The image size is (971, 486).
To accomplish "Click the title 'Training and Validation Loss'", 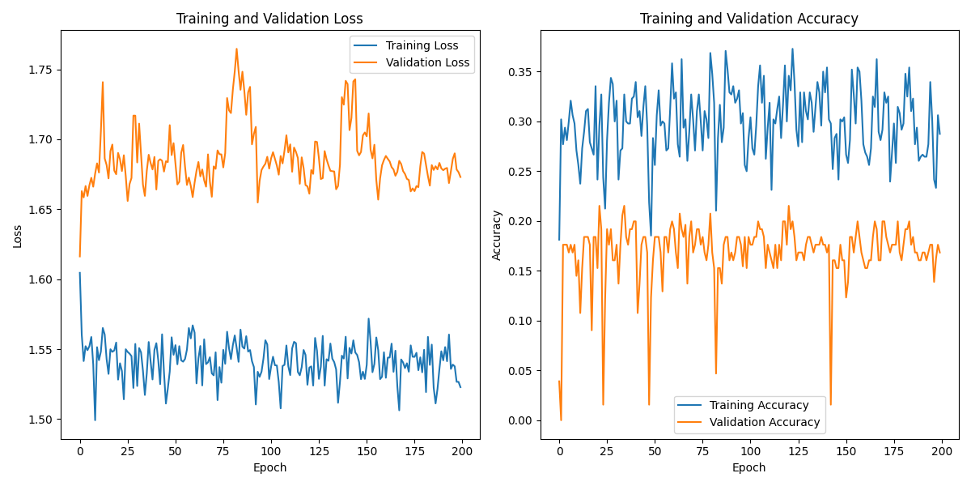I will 269,19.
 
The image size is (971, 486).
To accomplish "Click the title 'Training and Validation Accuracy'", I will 748,19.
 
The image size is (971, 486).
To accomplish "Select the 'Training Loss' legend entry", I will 422,45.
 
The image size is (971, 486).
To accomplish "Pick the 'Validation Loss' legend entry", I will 427,62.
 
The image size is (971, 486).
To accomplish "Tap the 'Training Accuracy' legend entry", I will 759,405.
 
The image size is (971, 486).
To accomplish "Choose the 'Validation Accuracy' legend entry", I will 764,422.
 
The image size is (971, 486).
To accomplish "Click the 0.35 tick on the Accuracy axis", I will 521,72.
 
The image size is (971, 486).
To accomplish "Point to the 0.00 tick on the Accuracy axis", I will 521,420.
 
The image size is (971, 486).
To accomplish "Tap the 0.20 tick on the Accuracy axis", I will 521,221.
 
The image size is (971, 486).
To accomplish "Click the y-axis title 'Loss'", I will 17,236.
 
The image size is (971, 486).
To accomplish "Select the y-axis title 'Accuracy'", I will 497,235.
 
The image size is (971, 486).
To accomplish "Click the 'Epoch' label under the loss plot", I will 269,467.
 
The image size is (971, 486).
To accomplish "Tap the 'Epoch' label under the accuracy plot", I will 748,467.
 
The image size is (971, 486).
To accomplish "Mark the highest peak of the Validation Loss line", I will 236,49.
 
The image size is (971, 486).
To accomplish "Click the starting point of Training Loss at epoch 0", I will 80,273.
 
